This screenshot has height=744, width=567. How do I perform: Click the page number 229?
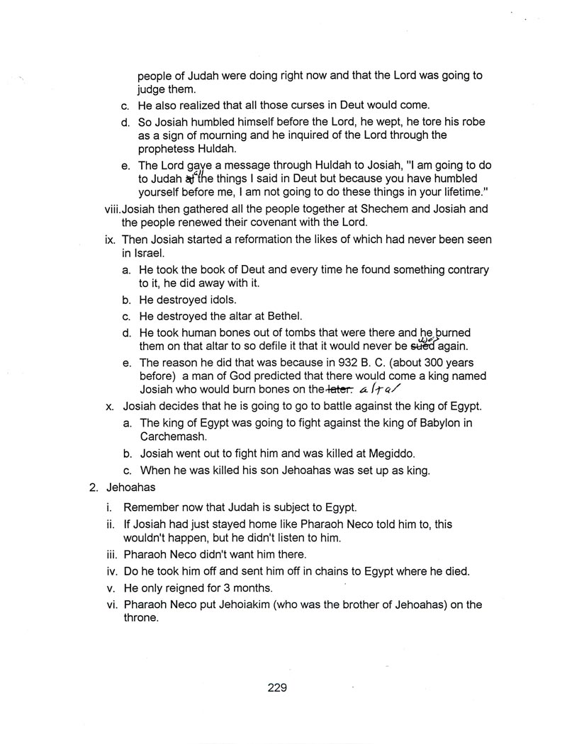coord(277,687)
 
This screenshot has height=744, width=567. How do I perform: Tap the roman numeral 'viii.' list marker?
coord(112,209)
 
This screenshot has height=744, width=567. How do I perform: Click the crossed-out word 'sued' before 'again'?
coord(424,346)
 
